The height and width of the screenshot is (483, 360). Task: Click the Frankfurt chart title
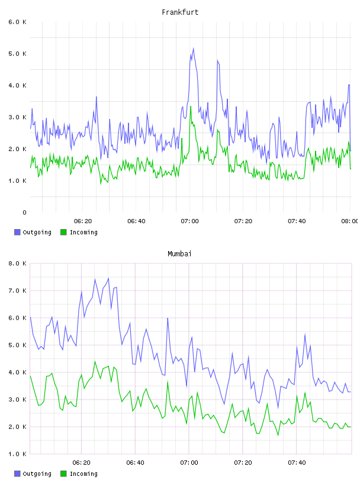pyautogui.click(x=180, y=12)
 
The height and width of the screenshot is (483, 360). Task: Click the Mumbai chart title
pyautogui.click(x=179, y=254)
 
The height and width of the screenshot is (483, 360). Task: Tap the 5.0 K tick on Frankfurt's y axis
pyautogui.click(x=18, y=54)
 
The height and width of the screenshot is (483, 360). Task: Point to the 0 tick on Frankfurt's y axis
pyautogui.click(x=24, y=212)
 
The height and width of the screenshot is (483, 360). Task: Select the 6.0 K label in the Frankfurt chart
pyautogui.click(x=18, y=22)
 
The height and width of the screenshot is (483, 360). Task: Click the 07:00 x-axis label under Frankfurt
pyautogui.click(x=189, y=221)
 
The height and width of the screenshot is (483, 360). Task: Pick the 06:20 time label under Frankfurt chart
pyautogui.click(x=83, y=221)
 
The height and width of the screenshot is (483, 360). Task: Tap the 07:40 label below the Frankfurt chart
pyautogui.click(x=297, y=221)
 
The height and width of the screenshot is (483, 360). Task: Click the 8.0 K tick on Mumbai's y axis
pyautogui.click(x=18, y=263)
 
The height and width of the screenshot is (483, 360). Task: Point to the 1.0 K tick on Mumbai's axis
pyautogui.click(x=18, y=454)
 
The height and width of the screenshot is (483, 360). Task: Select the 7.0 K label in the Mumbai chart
pyautogui.click(x=18, y=291)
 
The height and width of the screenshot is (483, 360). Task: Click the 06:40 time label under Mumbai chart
pyautogui.click(x=136, y=463)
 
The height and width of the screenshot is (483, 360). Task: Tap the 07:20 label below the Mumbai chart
pyautogui.click(x=243, y=463)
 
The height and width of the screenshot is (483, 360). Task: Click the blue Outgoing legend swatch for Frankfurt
pyautogui.click(x=17, y=232)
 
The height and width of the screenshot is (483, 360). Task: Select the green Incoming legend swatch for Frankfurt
pyautogui.click(x=63, y=232)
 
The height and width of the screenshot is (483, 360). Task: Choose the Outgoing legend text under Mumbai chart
pyautogui.click(x=37, y=474)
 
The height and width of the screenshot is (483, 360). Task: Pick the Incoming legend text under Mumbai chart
pyautogui.click(x=83, y=474)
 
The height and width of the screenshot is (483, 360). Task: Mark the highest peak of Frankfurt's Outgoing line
pyautogui.click(x=193, y=49)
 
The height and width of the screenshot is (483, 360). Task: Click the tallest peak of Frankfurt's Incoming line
pyautogui.click(x=191, y=107)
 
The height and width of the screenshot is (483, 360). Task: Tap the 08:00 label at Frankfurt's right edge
pyautogui.click(x=349, y=221)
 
